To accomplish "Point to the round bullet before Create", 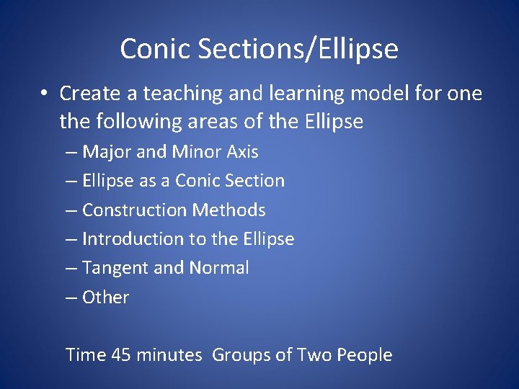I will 44,94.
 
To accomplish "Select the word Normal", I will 218,268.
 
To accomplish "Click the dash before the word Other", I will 71,298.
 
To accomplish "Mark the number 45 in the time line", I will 121,355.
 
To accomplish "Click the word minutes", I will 169,355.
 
